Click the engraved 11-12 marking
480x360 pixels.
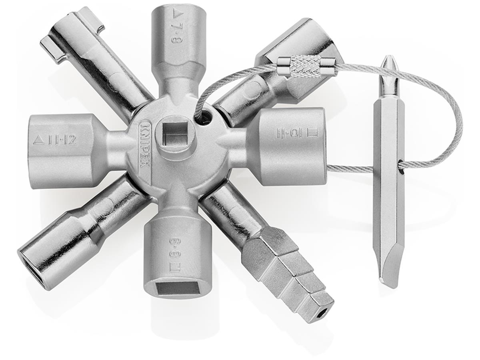tap(62, 140)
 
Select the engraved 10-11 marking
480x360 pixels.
tap(289, 134)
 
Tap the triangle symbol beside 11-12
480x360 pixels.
tap(39, 140)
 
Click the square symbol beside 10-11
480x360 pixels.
tap(313, 133)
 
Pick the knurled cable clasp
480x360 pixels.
tap(306, 66)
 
